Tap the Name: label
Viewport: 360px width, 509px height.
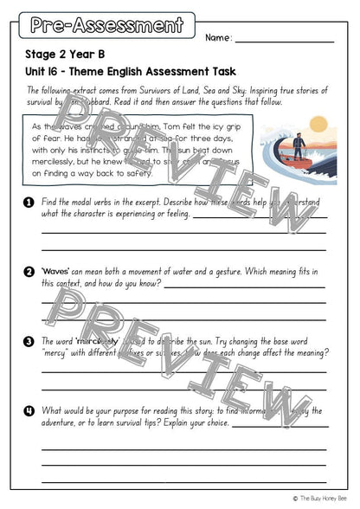click(219, 38)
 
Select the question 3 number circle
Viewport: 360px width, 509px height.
click(29, 341)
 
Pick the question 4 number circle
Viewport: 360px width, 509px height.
click(29, 410)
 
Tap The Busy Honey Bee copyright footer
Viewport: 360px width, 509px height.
click(325, 498)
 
